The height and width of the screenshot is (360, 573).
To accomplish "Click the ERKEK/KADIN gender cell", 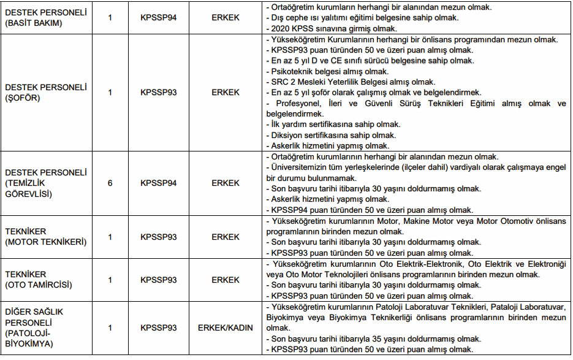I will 225,327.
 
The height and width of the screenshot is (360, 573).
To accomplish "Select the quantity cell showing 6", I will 110,183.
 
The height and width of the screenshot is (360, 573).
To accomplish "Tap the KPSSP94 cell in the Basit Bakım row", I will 158,18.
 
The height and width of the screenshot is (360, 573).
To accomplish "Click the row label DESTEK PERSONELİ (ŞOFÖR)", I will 46,92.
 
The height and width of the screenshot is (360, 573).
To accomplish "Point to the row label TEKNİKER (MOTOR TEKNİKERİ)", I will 46,237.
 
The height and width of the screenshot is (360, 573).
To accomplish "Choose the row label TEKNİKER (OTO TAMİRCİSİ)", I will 39,280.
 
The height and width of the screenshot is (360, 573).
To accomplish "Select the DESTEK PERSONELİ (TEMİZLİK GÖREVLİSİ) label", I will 46,183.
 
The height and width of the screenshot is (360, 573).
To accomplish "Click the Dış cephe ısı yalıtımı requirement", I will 355,18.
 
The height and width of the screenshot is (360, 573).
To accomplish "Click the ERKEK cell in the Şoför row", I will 225,92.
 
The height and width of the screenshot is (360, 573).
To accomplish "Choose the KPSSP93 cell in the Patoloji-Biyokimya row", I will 158,327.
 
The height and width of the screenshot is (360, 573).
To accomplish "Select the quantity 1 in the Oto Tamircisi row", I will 110,280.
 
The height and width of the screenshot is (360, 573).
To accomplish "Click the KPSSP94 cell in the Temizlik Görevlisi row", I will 158,183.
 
